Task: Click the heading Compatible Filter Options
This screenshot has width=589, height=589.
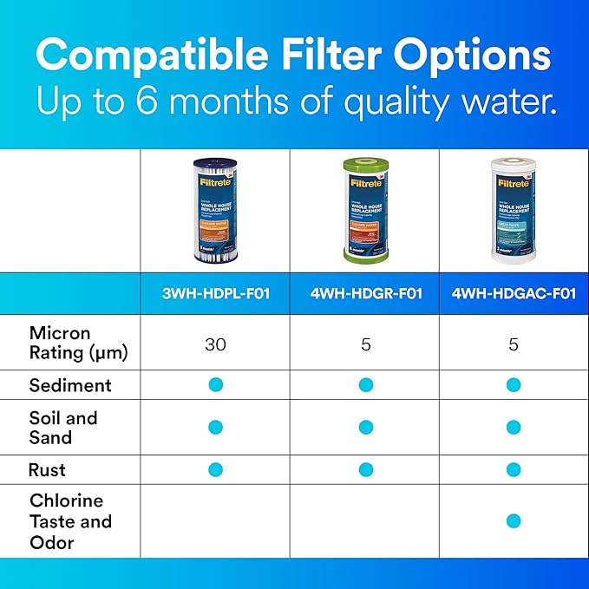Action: click(294, 56)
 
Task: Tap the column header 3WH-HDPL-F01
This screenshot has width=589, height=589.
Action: click(215, 293)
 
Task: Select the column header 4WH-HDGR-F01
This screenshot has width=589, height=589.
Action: click(365, 293)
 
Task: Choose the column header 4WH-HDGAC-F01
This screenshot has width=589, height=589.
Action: click(514, 293)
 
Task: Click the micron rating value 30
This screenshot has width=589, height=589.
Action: click(215, 344)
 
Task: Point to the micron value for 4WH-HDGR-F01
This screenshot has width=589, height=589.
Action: click(365, 344)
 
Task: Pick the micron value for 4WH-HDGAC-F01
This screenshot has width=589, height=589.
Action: click(514, 344)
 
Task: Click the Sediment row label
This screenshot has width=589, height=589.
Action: click(70, 384)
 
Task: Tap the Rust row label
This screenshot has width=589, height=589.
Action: click(47, 469)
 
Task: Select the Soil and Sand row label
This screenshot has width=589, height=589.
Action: click(63, 427)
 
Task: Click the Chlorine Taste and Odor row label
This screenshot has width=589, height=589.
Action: click(70, 521)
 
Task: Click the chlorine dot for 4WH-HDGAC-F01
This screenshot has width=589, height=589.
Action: click(514, 521)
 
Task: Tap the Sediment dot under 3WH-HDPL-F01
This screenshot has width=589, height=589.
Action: click(216, 384)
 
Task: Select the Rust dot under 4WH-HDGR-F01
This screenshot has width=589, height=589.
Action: click(365, 469)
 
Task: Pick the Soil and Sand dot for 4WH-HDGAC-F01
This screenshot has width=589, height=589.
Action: click(514, 427)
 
